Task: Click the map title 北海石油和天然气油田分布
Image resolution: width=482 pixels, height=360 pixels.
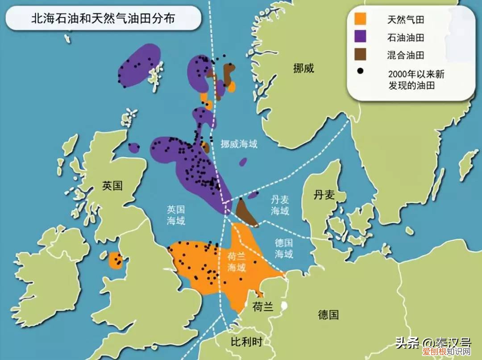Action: point(96,18)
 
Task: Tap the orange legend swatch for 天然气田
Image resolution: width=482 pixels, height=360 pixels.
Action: point(361,20)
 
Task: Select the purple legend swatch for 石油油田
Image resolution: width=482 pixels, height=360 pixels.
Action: point(361,37)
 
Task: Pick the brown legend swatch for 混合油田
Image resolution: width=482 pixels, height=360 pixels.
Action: point(361,54)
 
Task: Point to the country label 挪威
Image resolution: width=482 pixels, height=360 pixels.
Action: point(304,68)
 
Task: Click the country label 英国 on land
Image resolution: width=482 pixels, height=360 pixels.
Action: point(112,186)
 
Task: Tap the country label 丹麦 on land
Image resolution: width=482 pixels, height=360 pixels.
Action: point(324,195)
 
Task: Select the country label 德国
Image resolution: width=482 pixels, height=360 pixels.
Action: point(328,315)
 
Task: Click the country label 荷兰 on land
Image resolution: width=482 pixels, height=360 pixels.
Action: point(263,307)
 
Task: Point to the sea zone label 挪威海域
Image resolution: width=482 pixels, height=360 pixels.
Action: point(239,144)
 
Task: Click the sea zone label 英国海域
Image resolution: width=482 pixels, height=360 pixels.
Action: point(176,215)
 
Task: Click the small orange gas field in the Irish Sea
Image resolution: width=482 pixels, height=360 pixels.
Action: point(116,261)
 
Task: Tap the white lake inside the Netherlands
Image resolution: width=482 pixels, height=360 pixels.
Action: point(283,306)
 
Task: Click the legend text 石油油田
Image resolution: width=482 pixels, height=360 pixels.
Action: point(405,37)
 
